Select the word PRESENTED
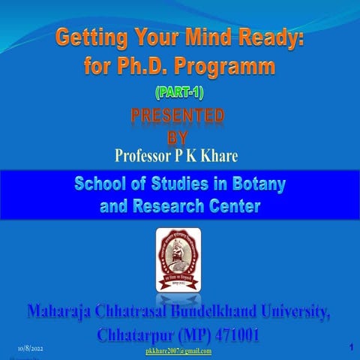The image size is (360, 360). point(178,116)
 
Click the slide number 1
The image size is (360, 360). point(350,348)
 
